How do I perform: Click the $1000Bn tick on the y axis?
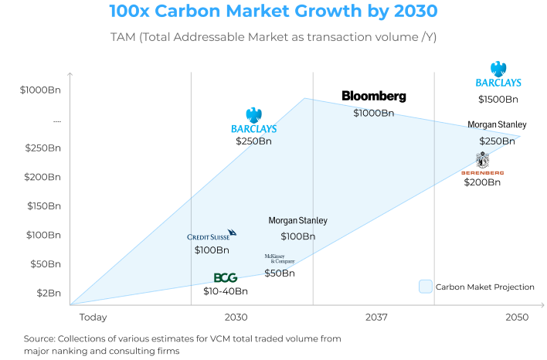pos(40,90)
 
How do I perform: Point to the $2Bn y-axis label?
pos(47,293)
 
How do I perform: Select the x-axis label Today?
pos(93,318)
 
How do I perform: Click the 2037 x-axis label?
pos(376,318)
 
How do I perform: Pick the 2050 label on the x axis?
pos(516,318)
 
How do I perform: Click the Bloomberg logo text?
pos(374,97)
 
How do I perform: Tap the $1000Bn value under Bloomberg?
pos(374,113)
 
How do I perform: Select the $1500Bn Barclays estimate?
pos(498,99)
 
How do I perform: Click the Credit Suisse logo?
pos(212,236)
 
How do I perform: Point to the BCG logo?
pos(225,277)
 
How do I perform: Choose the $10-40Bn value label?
pos(226,291)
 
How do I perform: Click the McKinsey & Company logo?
pos(279,259)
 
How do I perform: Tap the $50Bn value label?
pos(279,273)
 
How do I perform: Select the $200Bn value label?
pos(482,182)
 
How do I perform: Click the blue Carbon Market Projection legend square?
pos(425,287)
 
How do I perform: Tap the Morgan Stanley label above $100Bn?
pos(297,221)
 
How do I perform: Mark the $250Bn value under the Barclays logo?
pos(254,141)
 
